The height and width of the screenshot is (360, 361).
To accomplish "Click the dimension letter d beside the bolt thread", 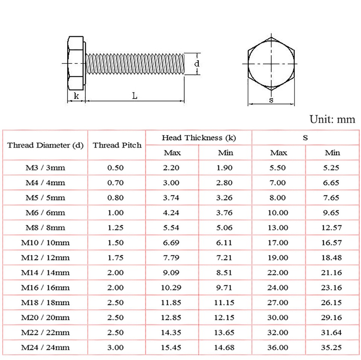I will [x=196, y=64].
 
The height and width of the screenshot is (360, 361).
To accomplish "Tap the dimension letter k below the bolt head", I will [x=76, y=96].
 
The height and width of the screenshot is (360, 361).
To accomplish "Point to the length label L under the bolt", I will [x=134, y=96].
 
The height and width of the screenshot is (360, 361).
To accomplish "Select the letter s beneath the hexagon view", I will [x=271, y=100].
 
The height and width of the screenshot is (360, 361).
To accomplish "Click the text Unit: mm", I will [x=332, y=119].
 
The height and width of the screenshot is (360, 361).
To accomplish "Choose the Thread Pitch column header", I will [x=117, y=145].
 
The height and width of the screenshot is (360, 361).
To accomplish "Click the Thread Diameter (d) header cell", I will [x=46, y=145].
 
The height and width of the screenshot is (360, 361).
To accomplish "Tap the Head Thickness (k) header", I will [x=199, y=138].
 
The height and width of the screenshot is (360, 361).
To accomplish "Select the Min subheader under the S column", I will [x=332, y=153].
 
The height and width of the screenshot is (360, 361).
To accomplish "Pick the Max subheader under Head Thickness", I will [x=172, y=153].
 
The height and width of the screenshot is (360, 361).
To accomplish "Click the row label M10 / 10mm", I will [x=46, y=243].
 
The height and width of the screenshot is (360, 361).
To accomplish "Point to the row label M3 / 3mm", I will [x=46, y=168].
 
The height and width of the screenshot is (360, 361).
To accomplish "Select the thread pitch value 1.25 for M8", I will [x=115, y=228].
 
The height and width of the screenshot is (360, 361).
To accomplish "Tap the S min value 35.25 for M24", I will [x=332, y=348].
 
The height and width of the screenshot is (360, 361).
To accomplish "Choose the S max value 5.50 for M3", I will [x=278, y=168].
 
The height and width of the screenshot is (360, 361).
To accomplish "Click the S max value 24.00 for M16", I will [x=279, y=287].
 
